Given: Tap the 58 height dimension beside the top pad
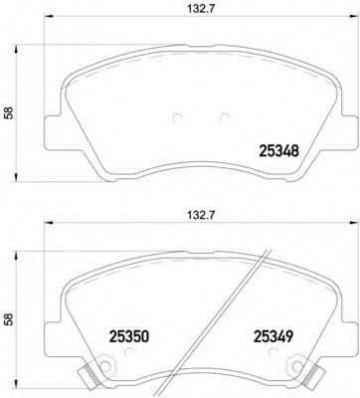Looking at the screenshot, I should (x=10, y=113).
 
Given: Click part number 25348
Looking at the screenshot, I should (x=279, y=151).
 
